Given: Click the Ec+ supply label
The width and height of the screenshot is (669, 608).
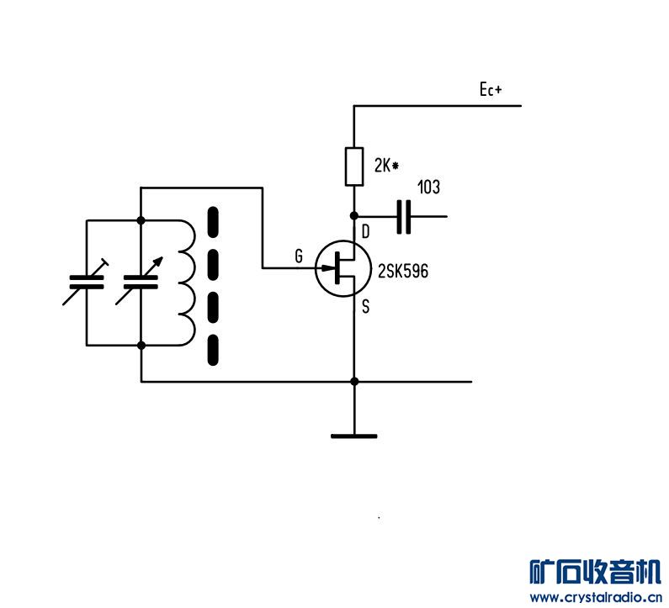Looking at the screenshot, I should click(490, 91).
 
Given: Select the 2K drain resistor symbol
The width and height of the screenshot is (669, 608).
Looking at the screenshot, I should click(353, 166).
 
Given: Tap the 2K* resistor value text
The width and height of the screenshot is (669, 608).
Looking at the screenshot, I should click(385, 166).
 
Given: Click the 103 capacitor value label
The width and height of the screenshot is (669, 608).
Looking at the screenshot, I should click(428, 188).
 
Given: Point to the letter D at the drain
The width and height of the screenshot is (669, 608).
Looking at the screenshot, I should click(365, 231).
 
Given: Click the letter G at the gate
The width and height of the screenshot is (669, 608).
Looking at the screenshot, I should click(298, 257).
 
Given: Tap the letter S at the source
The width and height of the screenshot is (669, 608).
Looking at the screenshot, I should click(365, 307).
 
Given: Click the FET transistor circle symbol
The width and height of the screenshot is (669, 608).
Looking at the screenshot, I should click(342, 269).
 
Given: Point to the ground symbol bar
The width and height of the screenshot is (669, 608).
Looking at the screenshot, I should click(353, 436).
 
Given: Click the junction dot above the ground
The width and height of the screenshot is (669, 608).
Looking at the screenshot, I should click(353, 381).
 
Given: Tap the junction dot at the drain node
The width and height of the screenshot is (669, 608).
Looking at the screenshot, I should click(353, 216).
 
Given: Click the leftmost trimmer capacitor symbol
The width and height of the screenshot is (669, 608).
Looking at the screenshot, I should click(86, 282).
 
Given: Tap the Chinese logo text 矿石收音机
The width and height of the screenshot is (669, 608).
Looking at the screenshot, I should click(595, 572).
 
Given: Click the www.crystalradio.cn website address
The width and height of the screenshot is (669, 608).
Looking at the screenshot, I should click(595, 598).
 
